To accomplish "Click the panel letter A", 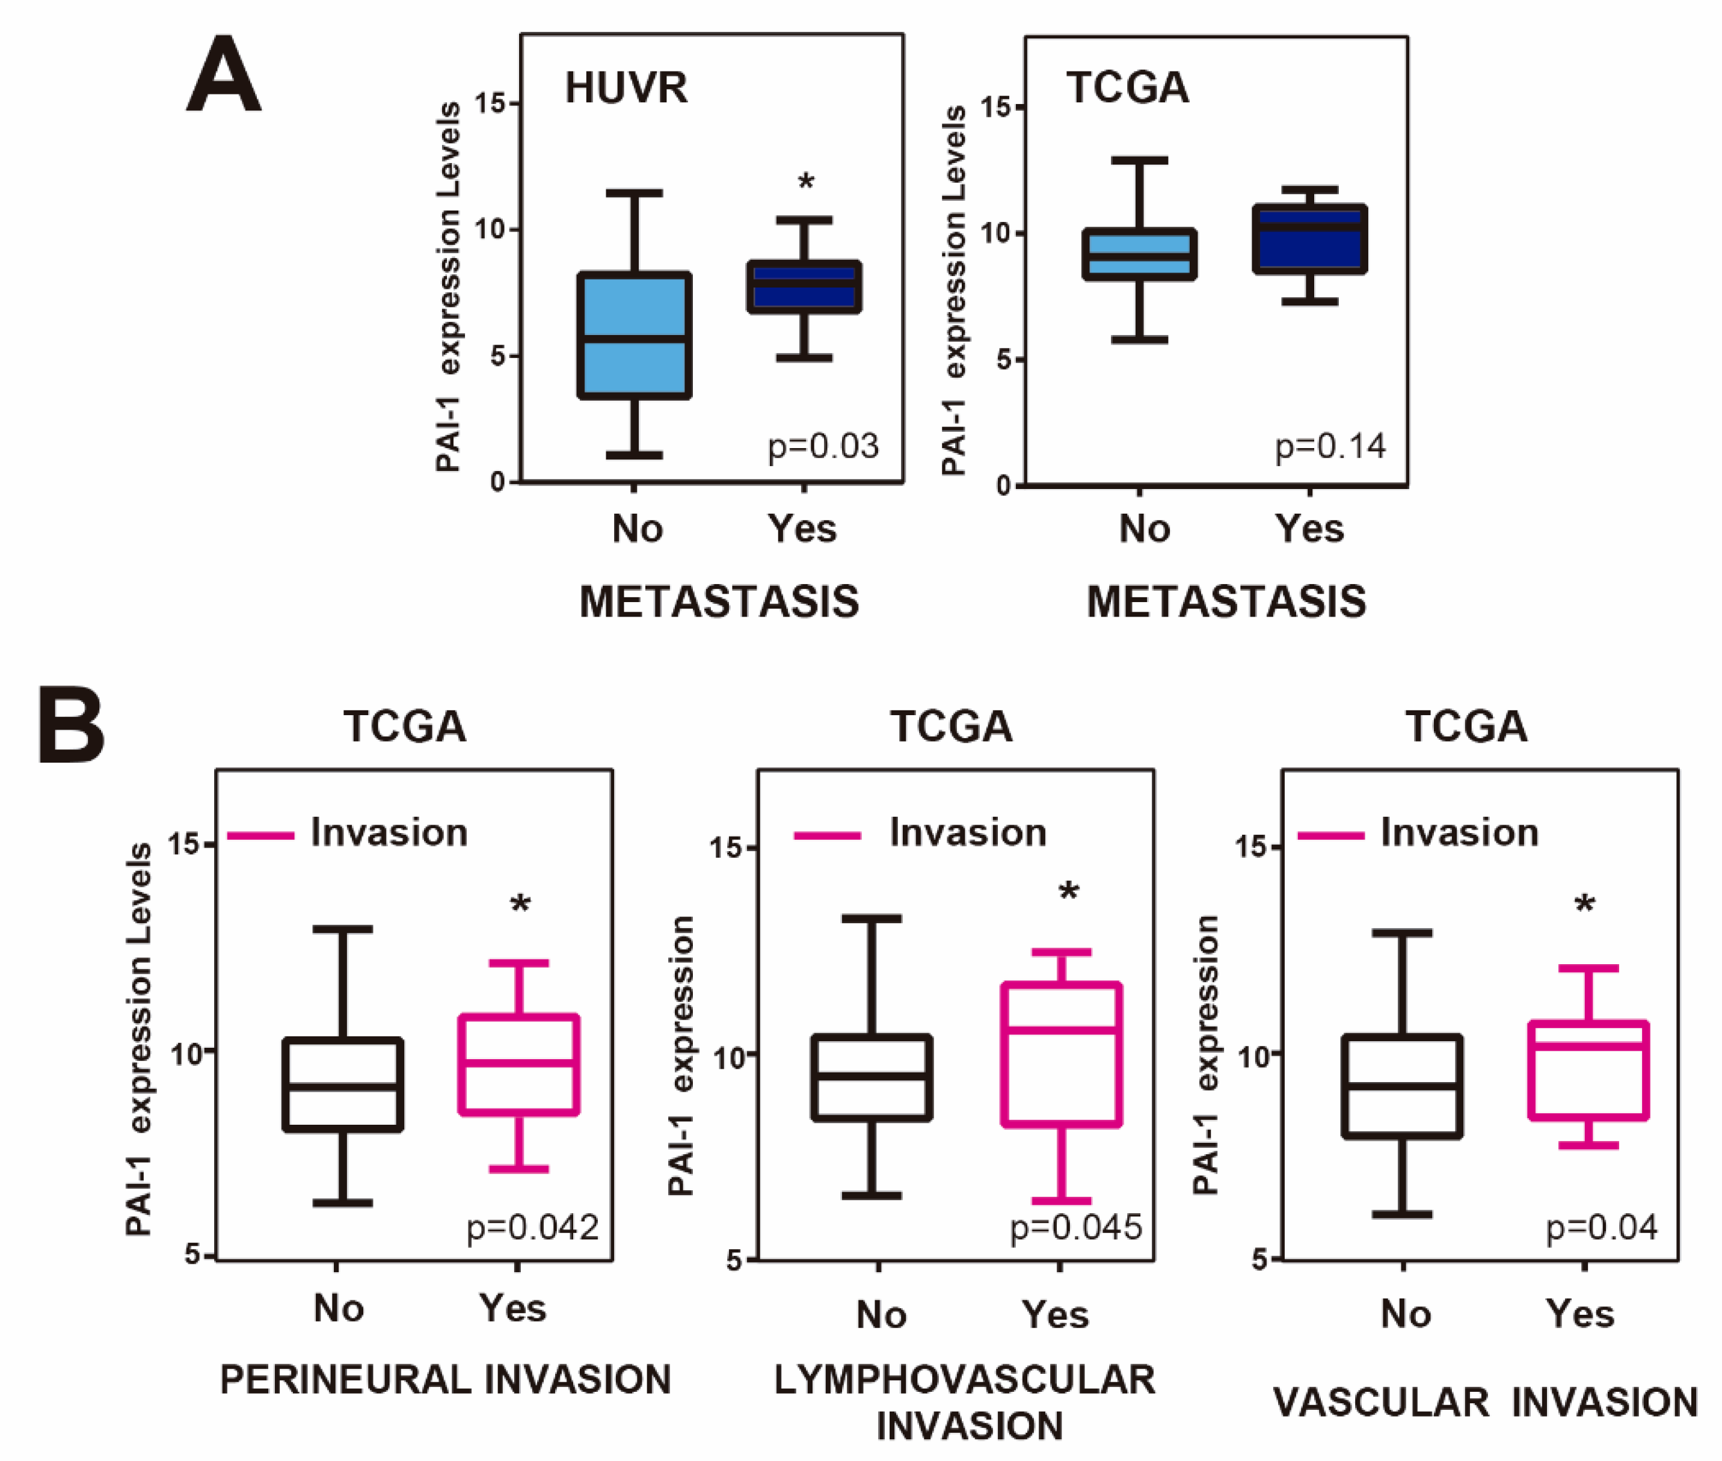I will pos(224,76).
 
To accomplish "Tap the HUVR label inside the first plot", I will pos(626,88).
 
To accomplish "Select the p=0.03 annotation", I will pos(822,446).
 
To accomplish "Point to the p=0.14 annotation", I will pos(1329,446).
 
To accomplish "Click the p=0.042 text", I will pos(532,1226).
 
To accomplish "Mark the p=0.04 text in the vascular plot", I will pos(1602,1226).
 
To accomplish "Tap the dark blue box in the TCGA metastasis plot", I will pos(1309,239).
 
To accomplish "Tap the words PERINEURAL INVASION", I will pos(446,1380).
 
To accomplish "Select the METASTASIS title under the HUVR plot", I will pos(719,601).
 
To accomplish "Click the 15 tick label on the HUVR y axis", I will pos(490,103).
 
